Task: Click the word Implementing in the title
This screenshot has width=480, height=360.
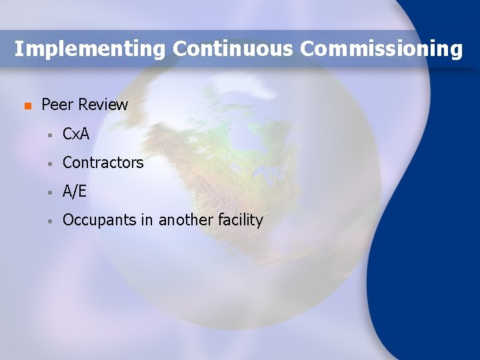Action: click(x=89, y=49)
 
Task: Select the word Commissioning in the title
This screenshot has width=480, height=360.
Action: click(x=381, y=49)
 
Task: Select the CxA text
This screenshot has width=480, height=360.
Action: click(x=75, y=134)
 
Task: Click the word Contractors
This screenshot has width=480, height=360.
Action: click(x=103, y=163)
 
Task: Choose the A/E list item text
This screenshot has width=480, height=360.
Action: click(x=75, y=191)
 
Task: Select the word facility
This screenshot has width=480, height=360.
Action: click(x=241, y=220)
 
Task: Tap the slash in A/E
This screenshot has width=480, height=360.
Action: click(x=75, y=191)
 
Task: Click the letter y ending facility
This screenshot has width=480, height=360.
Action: click(x=259, y=222)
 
